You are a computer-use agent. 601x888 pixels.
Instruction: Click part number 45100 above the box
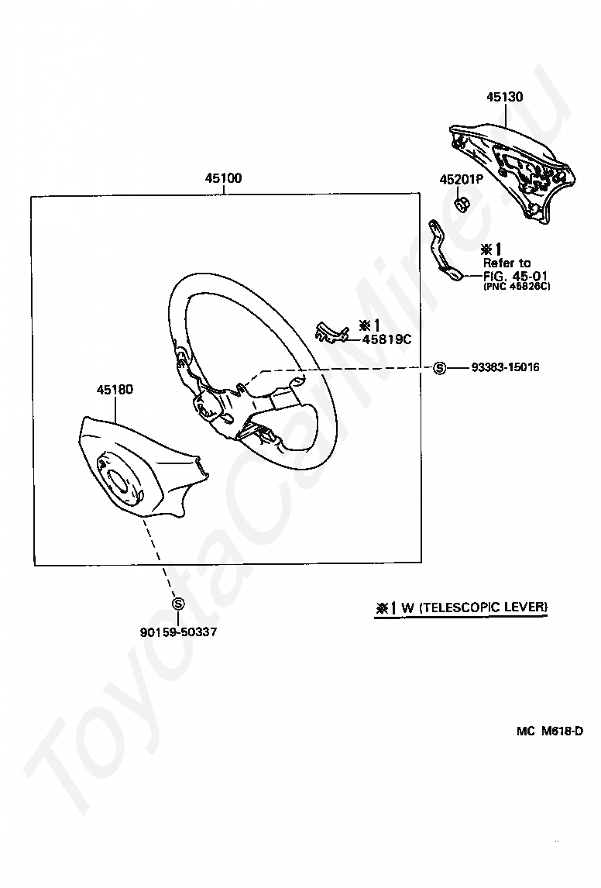click(x=223, y=178)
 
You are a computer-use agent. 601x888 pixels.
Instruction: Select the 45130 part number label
click(x=505, y=98)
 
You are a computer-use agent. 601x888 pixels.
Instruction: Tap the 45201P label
click(x=462, y=179)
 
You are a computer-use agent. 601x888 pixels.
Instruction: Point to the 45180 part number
click(x=115, y=390)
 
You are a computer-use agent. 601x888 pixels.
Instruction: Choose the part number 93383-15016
click(x=505, y=367)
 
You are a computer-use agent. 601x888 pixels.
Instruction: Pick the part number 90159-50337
click(x=178, y=632)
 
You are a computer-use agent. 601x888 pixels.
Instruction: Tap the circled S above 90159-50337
click(x=178, y=604)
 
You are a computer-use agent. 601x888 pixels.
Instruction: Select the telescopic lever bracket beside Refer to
click(x=443, y=250)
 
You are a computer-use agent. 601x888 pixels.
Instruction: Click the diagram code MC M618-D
click(x=550, y=731)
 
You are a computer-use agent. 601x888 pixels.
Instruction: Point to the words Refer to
click(x=507, y=263)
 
